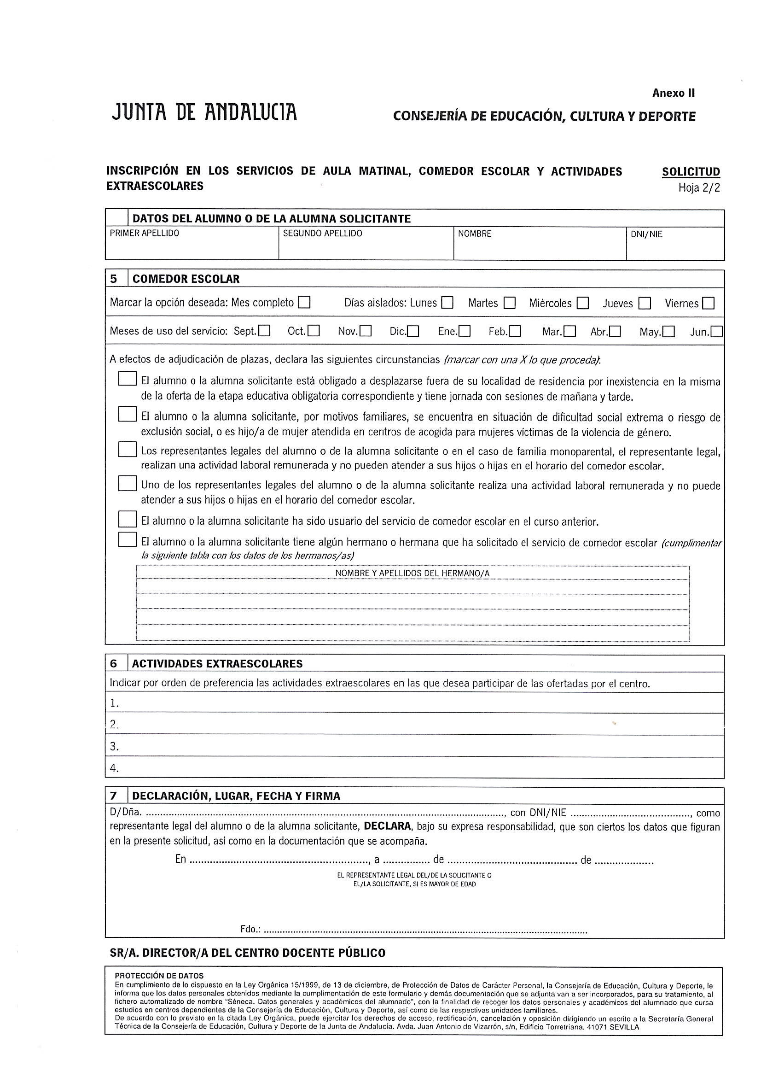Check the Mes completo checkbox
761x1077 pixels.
304,302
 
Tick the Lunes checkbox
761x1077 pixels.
447,303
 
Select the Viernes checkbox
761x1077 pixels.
709,303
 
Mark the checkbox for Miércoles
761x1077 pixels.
583,303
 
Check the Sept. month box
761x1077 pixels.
264,331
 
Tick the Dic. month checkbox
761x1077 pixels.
413,332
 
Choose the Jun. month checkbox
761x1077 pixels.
716,332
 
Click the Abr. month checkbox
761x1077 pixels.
615,332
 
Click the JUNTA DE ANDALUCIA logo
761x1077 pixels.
204,112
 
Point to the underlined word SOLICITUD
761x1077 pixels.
691,172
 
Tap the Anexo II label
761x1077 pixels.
674,94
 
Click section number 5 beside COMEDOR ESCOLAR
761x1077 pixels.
114,279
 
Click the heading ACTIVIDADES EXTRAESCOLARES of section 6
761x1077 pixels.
217,663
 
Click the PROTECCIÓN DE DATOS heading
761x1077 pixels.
159,976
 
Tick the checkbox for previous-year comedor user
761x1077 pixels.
127,519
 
